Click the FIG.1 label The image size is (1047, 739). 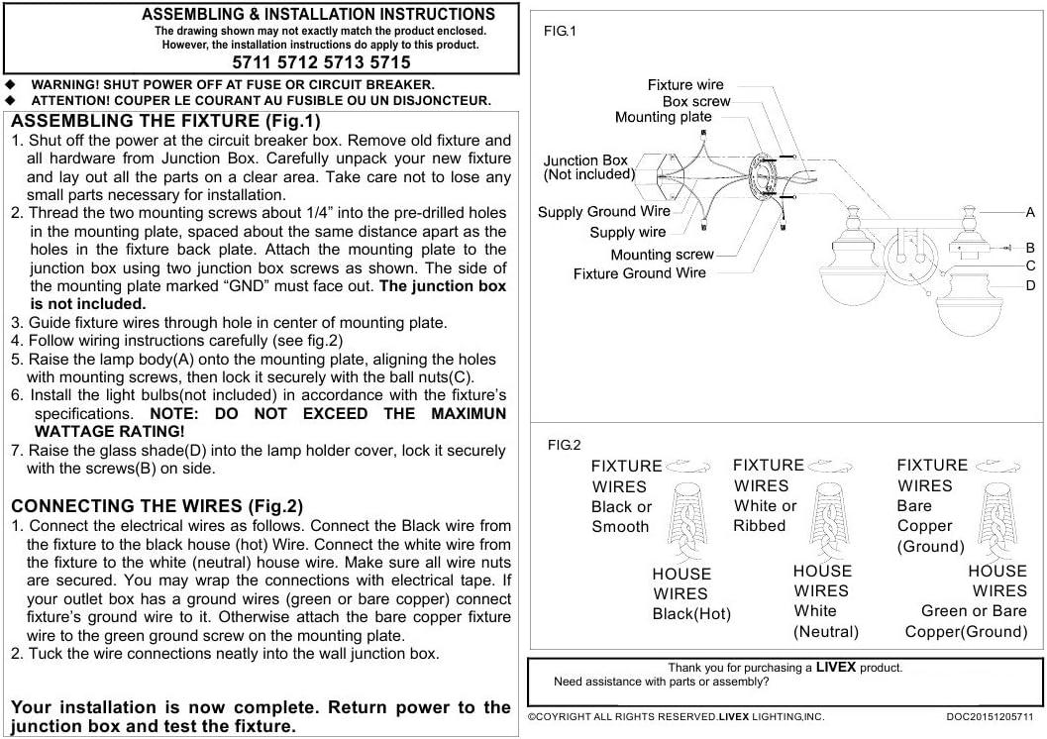coord(560,32)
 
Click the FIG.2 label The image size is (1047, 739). coord(564,446)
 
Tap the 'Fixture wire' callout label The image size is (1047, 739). coord(685,85)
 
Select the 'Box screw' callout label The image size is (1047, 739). coord(696,101)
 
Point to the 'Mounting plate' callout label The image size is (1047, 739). coord(663,117)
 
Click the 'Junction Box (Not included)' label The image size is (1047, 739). coord(588,167)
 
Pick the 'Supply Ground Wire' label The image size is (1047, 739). coord(603,211)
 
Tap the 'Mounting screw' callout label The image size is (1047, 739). coord(661,255)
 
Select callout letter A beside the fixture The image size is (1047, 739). coord(1030,212)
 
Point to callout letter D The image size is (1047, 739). coord(1030,285)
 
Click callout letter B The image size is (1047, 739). coord(1030,248)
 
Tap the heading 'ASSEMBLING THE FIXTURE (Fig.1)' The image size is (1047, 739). coord(166,122)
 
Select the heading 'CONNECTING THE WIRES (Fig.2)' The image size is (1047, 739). coord(157,505)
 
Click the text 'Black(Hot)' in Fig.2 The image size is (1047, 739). coord(690,614)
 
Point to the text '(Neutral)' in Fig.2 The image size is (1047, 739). coord(825,631)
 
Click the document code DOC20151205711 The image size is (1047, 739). coord(989,716)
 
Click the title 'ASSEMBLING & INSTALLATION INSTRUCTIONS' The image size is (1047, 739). coord(318,15)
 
